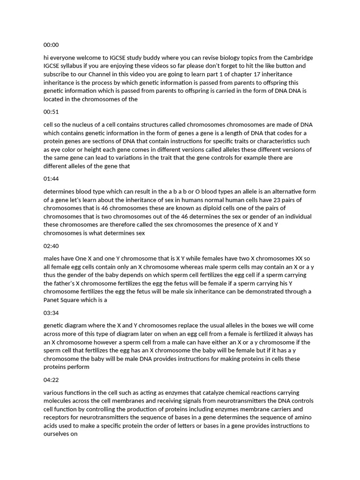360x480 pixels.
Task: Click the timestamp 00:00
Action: pyautogui.click(x=51, y=45)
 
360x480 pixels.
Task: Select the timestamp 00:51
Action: pyautogui.click(x=51, y=112)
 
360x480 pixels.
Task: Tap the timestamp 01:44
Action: pyautogui.click(x=51, y=179)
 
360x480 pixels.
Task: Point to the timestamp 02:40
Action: pyautogui.click(x=51, y=246)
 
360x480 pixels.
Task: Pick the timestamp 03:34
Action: pyautogui.click(x=51, y=313)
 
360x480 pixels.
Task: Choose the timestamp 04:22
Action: pyautogui.click(x=51, y=380)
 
